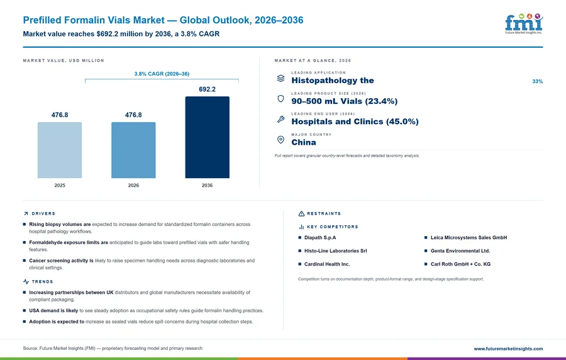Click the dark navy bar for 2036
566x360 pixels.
pos(207,137)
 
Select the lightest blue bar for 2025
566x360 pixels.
pos(60,150)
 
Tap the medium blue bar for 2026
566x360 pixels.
pos(133,150)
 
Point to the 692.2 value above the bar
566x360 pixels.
pos(207,89)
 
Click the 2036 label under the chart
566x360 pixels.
pos(207,185)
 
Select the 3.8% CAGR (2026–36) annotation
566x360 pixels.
pos(162,74)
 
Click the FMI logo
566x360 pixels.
pos(524,23)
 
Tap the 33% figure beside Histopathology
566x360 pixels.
pos(538,82)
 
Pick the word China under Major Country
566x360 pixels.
pos(304,142)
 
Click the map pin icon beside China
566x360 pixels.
pos(280,140)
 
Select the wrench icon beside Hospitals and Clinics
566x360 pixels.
pos(280,119)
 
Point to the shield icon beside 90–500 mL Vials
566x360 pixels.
pos(280,99)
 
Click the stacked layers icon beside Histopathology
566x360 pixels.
pos(280,78)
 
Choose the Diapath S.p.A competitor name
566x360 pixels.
pos(320,238)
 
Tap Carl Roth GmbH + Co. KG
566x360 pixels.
pos(460,264)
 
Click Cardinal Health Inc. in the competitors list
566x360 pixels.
pos(327,264)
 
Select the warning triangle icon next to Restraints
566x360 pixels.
pos(301,213)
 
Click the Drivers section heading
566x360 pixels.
pos(43,213)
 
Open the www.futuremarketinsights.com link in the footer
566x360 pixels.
pos(508,349)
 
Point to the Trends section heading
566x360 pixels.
pos(42,281)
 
